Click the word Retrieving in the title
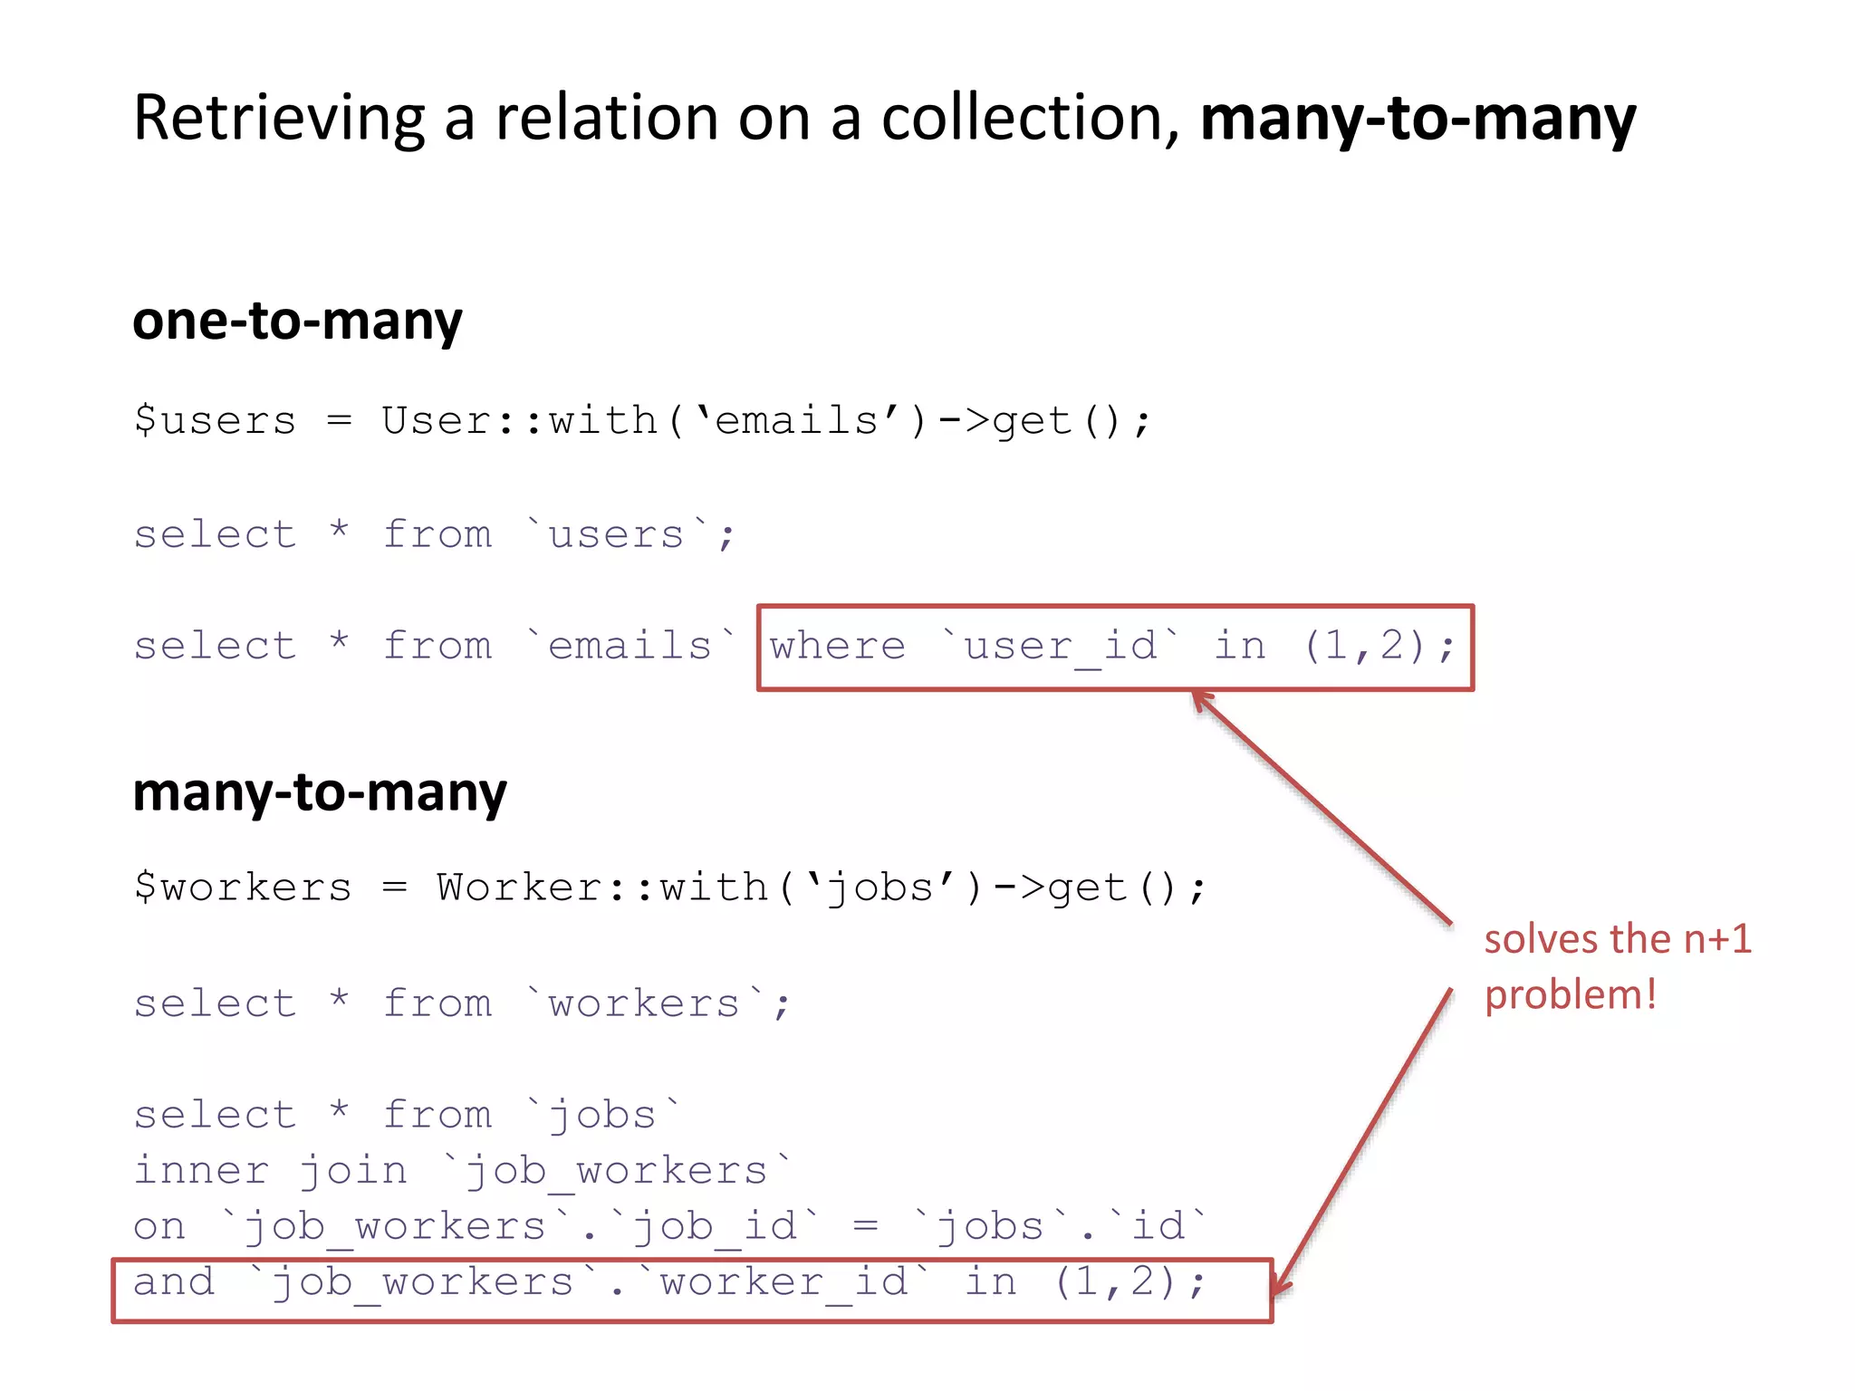[279, 118]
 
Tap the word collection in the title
[1030, 118]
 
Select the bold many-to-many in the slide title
[1418, 120]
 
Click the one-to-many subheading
[297, 321]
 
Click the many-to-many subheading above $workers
[320, 792]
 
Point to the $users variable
[216, 421]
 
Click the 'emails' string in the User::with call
[797, 421]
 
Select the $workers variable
[243, 887]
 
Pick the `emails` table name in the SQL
[631, 647]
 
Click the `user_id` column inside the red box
[1060, 647]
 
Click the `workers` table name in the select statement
[645, 1003]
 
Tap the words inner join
[270, 1171]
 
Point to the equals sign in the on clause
[866, 1227]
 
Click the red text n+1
[1717, 939]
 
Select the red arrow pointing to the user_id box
[1322, 808]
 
